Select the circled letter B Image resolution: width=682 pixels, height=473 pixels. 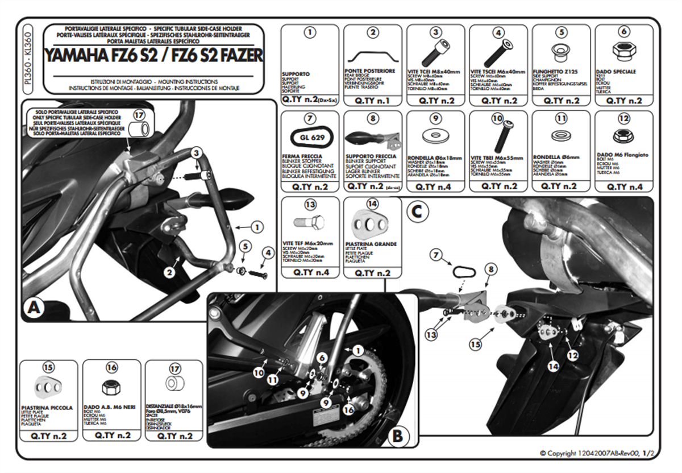[397, 436]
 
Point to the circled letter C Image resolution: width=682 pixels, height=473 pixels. [417, 212]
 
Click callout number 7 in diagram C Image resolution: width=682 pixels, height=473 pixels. [436, 255]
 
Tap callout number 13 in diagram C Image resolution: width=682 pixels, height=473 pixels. [432, 335]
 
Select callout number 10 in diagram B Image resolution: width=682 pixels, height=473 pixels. [259, 374]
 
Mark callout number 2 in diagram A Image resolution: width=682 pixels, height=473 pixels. [169, 272]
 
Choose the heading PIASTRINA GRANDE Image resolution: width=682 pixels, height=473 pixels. [371, 243]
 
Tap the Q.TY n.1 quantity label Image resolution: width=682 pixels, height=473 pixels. [372, 100]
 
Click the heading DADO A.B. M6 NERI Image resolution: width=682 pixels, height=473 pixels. [108, 408]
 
